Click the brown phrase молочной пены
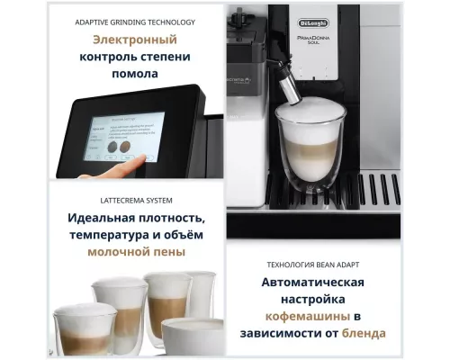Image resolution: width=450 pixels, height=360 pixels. pyautogui.click(x=137, y=252)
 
